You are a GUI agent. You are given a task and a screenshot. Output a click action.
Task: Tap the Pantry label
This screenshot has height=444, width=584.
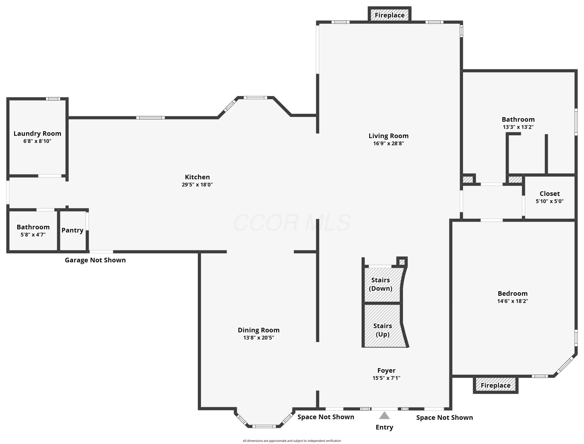(72, 230)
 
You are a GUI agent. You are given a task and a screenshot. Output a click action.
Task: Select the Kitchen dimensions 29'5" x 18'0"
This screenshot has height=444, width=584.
(197, 185)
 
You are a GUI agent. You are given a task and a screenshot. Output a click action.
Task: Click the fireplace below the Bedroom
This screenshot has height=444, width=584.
(495, 385)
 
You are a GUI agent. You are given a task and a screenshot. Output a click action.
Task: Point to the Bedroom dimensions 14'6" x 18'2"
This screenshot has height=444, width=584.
(513, 301)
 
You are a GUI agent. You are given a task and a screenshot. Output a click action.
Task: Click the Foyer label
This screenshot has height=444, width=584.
(386, 370)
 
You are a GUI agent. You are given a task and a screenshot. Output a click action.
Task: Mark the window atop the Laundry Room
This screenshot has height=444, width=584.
(53, 99)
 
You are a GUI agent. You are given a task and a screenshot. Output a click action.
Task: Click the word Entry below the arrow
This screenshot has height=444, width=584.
(384, 427)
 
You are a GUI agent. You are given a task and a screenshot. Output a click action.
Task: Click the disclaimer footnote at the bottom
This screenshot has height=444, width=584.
(292, 440)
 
